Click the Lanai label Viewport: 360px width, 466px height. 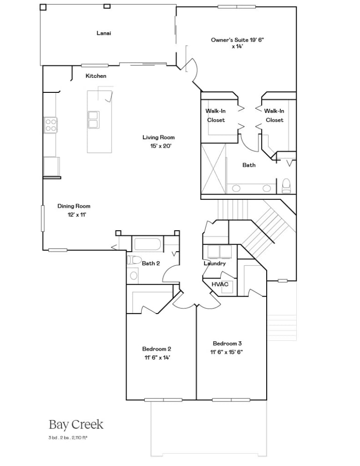(x=104, y=33)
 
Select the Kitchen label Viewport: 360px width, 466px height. (x=96, y=76)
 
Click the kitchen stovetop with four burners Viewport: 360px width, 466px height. (x=51, y=125)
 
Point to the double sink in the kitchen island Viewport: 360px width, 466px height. (x=93, y=120)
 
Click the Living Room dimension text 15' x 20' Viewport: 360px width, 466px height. (x=161, y=146)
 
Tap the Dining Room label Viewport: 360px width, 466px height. (x=74, y=206)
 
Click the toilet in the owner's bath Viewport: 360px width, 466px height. (x=286, y=186)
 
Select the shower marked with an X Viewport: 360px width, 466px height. (x=213, y=169)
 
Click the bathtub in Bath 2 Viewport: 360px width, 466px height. (x=148, y=244)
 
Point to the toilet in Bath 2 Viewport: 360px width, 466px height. (x=134, y=260)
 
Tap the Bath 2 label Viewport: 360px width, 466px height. (x=151, y=263)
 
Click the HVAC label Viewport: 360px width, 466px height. (x=220, y=284)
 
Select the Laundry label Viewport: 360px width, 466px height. (x=215, y=263)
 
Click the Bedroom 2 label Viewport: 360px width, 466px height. (x=157, y=349)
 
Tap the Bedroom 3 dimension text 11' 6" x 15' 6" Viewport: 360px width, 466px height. (x=226, y=352)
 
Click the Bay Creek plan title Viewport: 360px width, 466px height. (x=76, y=425)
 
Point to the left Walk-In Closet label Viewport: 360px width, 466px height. (x=216, y=115)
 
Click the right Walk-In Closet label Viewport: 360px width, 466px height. (x=274, y=115)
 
